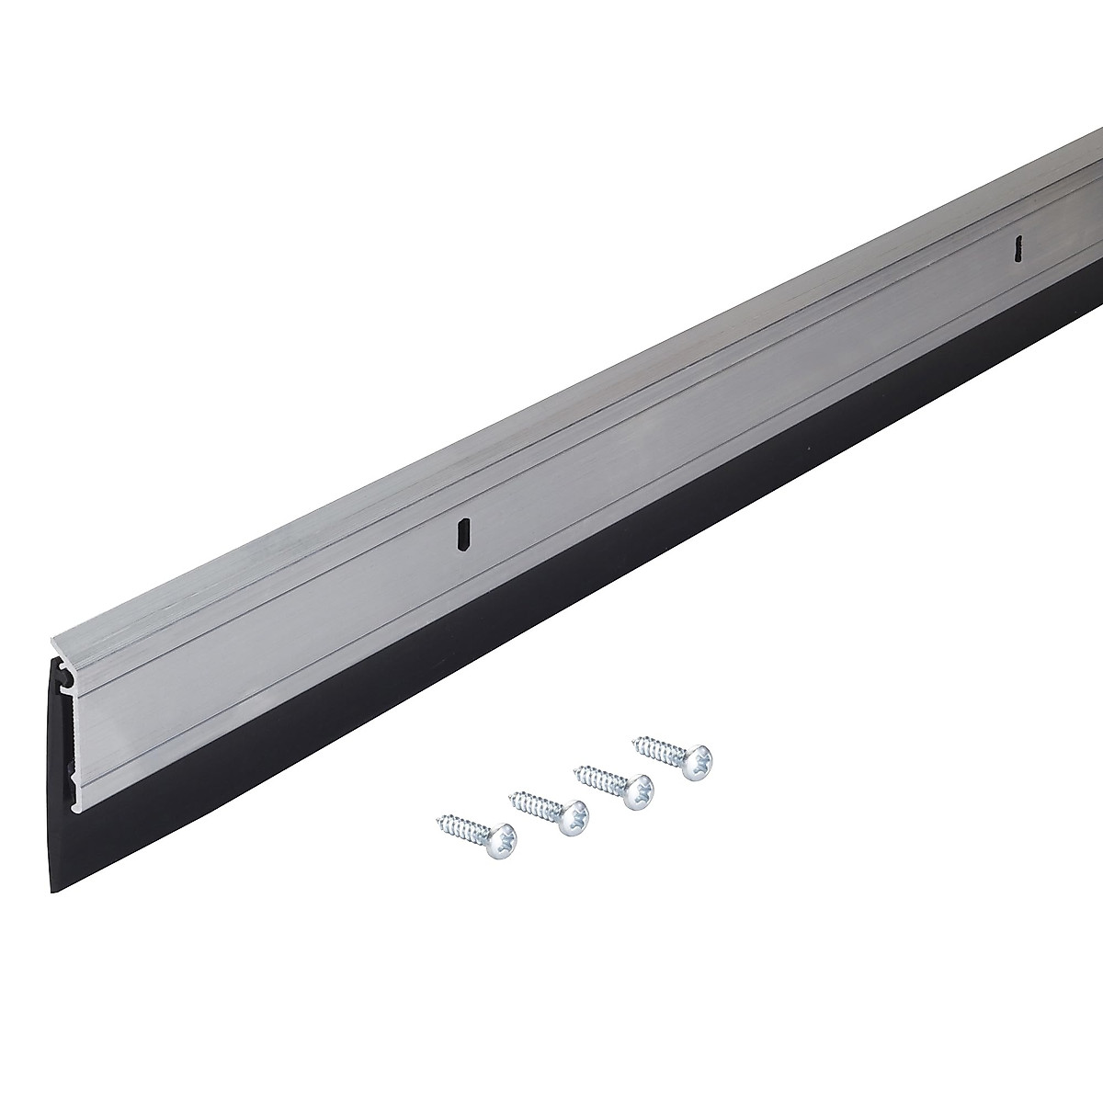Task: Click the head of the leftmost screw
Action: click(x=501, y=837)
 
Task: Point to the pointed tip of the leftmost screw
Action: click(x=439, y=816)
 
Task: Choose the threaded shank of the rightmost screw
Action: click(x=660, y=748)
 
